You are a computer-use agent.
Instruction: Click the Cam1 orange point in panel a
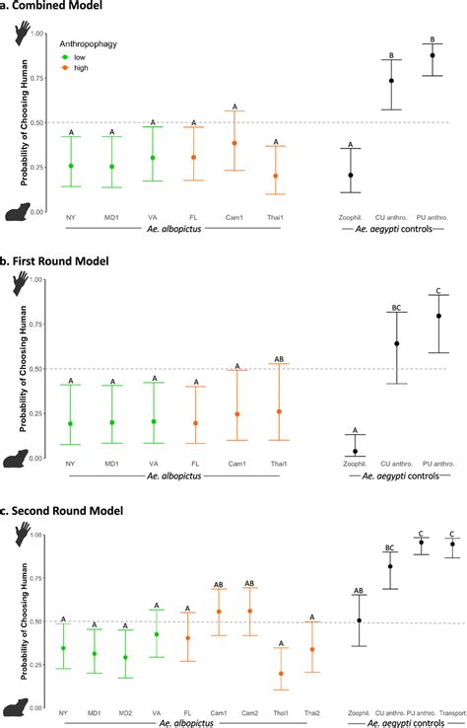234,143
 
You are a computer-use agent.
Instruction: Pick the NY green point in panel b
70,423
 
